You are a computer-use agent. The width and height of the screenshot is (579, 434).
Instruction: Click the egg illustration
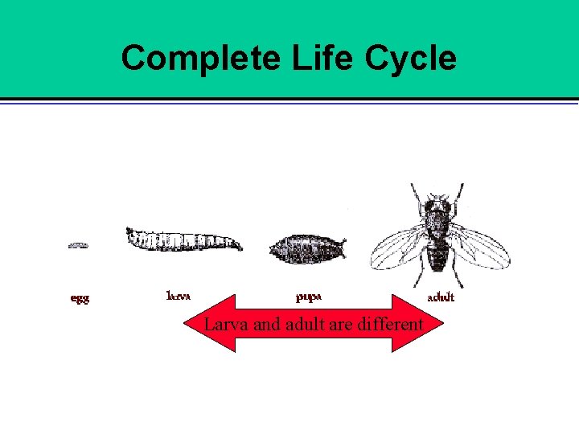[78, 245]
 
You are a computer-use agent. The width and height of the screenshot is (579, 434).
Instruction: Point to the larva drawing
[183, 240]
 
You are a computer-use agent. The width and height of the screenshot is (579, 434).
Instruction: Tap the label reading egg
[80, 298]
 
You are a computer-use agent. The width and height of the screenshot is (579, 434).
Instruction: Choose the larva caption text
[179, 295]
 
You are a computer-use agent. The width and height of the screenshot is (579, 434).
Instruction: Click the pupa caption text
[309, 297]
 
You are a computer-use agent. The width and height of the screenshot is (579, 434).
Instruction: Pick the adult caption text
[441, 297]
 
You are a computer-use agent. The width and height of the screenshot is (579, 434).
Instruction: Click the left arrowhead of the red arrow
[211, 324]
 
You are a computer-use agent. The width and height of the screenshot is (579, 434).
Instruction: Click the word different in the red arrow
[392, 325]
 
